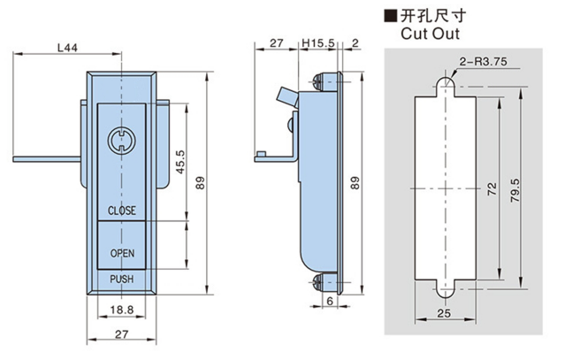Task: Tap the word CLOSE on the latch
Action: [x=122, y=211]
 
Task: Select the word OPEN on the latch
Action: [x=122, y=252]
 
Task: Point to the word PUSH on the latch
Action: [x=122, y=280]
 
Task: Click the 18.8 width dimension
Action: [x=122, y=309]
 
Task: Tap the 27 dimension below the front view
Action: [x=122, y=334]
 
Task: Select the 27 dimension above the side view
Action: [x=275, y=42]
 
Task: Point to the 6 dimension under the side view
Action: [x=330, y=301]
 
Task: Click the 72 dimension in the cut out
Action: [x=492, y=189]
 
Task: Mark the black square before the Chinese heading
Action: [x=390, y=15]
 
